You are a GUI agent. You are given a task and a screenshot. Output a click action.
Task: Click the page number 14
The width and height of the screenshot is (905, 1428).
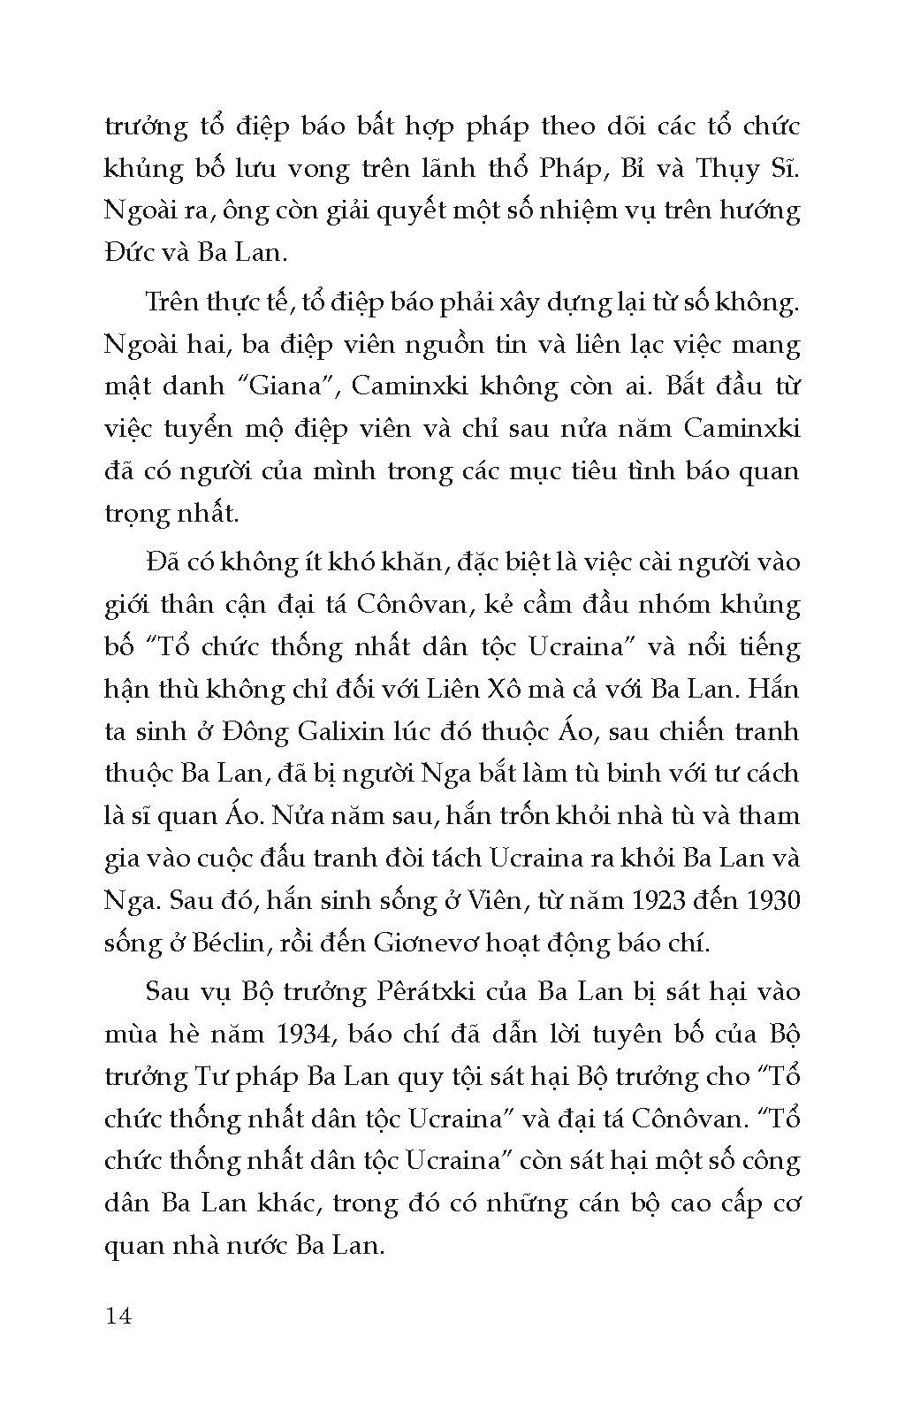[118, 1317]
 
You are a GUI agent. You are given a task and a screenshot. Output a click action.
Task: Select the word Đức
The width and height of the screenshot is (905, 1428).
[128, 253]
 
